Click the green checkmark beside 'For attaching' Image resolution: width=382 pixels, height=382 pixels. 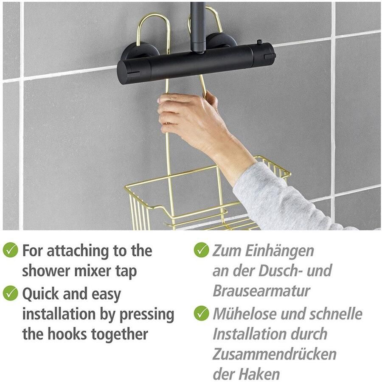coord(10,250)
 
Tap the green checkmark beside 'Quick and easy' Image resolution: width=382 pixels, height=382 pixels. coord(10,293)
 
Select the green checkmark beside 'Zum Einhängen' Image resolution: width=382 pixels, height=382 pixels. coord(202,250)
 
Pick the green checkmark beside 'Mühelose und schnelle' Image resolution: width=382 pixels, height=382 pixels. coord(202,313)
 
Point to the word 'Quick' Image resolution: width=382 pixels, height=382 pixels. coord(41,294)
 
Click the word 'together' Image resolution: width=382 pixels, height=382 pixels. coord(119,334)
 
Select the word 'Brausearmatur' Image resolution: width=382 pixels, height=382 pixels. coord(261,291)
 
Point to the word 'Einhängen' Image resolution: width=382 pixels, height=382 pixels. coord(279,251)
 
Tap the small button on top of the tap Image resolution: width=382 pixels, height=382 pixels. coord(259,42)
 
